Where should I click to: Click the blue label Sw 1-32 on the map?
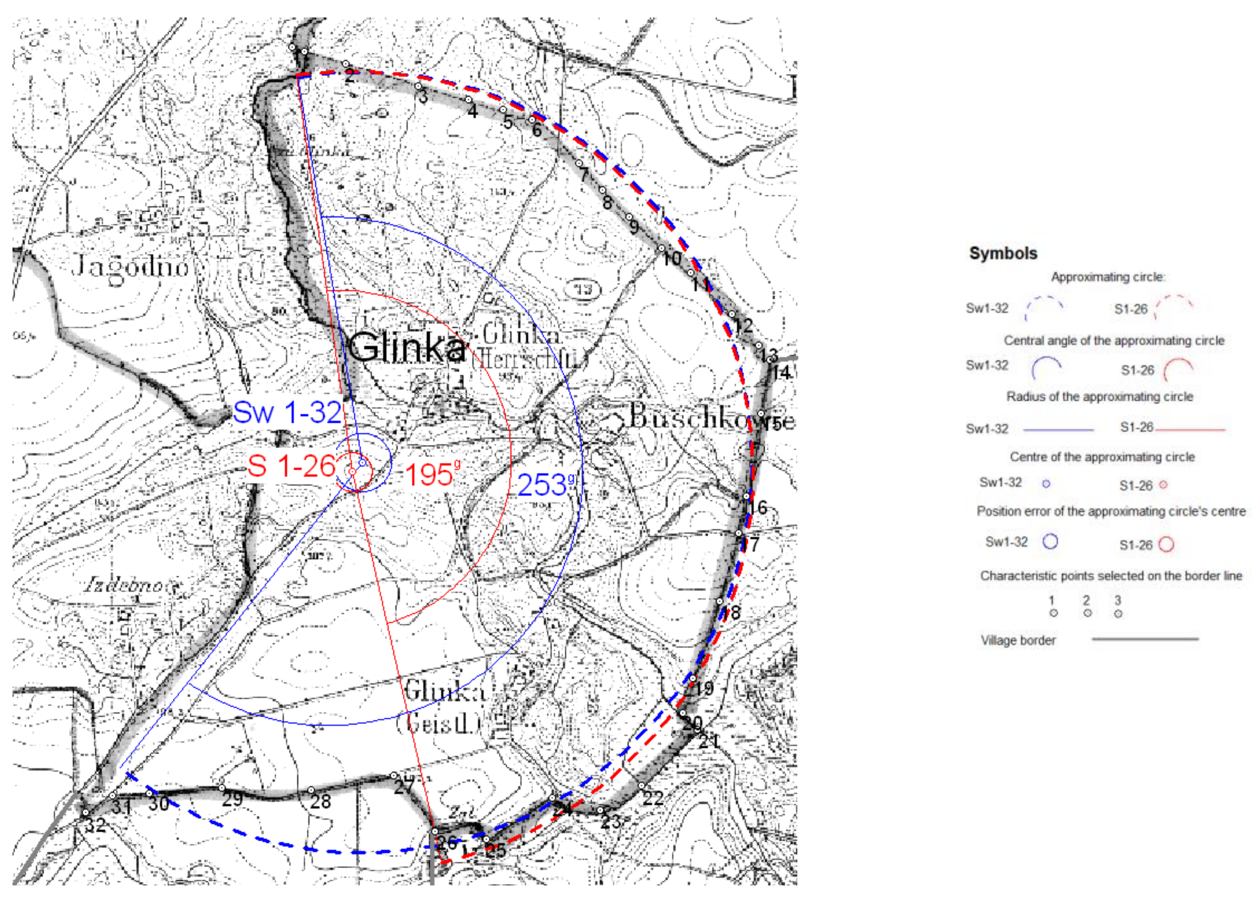tap(287, 413)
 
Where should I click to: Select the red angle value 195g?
tap(431, 475)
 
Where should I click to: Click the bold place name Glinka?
tap(407, 348)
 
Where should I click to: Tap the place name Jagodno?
tap(130, 266)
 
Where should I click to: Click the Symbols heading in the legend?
tap(1003, 254)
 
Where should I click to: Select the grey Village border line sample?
tap(1145, 639)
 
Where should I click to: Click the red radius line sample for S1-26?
tap(1190, 429)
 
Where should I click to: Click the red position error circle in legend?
tap(1166, 544)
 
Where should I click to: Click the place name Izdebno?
tap(124, 585)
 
